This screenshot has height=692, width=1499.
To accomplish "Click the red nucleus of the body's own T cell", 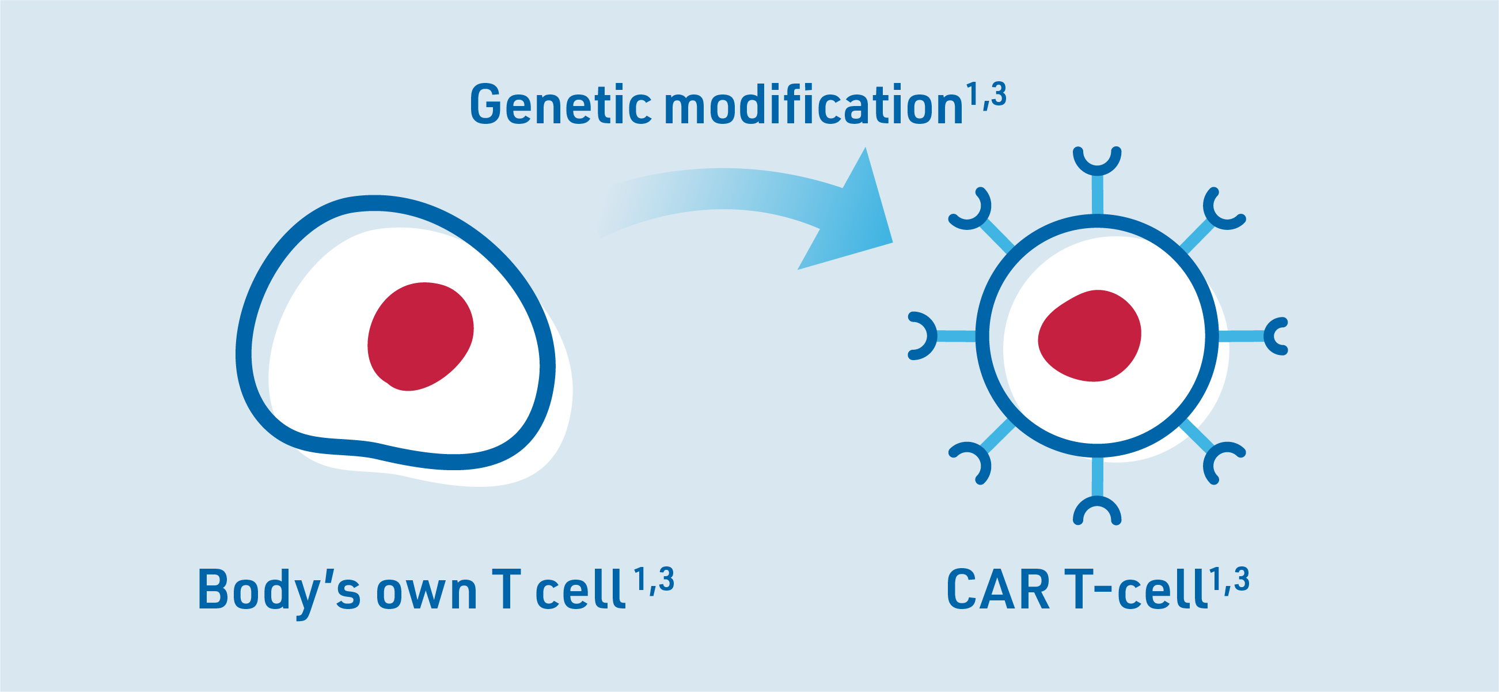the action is (420, 336).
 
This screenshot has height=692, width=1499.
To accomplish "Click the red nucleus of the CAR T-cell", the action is (1090, 336).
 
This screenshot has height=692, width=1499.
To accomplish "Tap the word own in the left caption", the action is (427, 595).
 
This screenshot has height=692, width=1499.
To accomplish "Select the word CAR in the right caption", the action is (999, 589).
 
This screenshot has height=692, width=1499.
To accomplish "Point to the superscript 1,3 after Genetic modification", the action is (986, 95).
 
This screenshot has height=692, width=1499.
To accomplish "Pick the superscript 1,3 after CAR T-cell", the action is (1229, 580).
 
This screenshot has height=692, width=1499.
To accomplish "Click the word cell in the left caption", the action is (579, 589).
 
